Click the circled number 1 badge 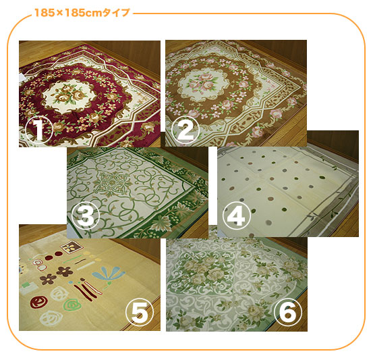point(38,130)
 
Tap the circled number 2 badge point(185,130)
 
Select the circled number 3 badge point(86,215)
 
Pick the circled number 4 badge point(236,215)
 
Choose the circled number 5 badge point(140,311)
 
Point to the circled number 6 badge point(288,311)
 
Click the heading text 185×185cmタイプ point(82,13)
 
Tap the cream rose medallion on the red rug point(69,95)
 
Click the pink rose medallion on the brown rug point(203,83)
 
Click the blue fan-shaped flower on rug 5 point(109,274)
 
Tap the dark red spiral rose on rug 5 point(38,302)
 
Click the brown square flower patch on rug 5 point(72,247)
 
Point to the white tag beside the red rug point(22,78)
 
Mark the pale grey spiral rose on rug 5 point(51,319)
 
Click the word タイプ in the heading point(116,13)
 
